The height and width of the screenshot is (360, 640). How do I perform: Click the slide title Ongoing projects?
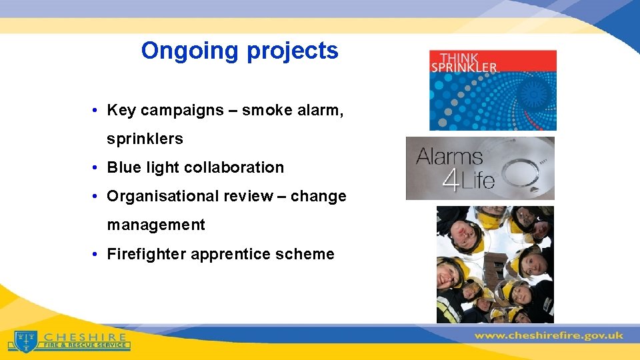(239, 51)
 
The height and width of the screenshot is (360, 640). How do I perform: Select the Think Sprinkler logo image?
(493, 90)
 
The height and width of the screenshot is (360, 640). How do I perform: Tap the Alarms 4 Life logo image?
(480, 168)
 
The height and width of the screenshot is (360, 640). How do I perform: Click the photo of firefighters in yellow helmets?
(495, 265)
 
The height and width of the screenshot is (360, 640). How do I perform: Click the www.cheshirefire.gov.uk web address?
(549, 335)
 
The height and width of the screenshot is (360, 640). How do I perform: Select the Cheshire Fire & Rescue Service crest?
(25, 341)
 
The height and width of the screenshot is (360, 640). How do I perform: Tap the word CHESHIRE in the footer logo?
(86, 337)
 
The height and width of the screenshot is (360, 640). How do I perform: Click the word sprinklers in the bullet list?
(145, 139)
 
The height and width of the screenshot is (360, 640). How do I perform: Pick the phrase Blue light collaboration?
(195, 167)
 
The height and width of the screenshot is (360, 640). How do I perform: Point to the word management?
(156, 225)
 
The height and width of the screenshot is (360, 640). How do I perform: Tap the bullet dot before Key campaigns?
(97, 110)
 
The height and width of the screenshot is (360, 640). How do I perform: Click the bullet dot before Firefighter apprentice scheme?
(97, 254)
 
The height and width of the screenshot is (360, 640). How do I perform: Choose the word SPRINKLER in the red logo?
(463, 67)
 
